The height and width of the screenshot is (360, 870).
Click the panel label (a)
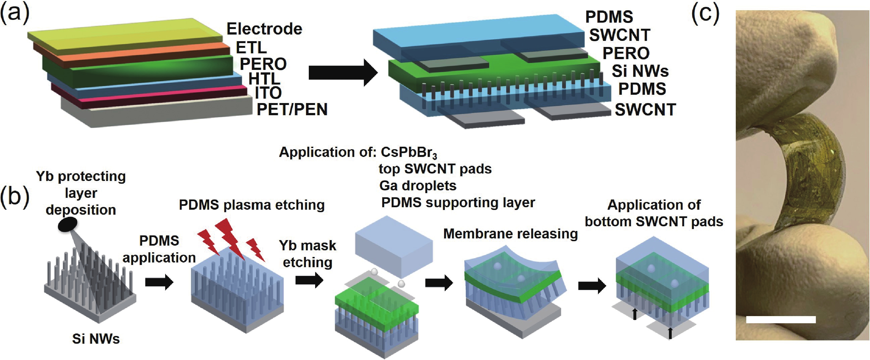click(15, 14)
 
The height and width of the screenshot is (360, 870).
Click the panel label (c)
click(705, 14)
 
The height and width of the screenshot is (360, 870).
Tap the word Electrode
click(264, 29)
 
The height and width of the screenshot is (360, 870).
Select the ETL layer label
click(251, 48)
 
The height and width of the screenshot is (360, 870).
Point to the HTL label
click(264, 79)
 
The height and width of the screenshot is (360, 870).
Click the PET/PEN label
click(292, 109)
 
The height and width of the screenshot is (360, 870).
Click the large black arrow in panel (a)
click(342, 72)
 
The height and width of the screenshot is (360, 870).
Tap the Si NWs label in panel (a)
click(640, 71)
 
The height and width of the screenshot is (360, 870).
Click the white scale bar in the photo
click(781, 319)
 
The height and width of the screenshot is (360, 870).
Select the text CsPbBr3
click(409, 153)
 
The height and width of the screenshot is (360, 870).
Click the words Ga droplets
click(418, 186)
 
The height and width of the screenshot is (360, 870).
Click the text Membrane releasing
click(510, 234)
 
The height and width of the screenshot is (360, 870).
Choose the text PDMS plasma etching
click(252, 205)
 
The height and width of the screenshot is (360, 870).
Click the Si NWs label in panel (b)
click(96, 339)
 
